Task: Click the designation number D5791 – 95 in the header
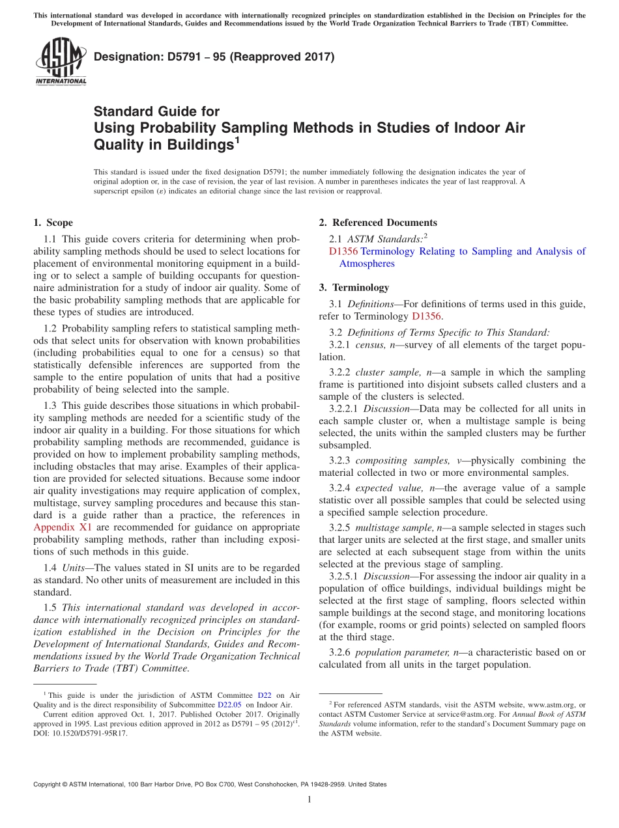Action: click(x=214, y=57)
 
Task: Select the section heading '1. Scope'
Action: click(x=53, y=223)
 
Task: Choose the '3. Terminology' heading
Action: click(x=354, y=287)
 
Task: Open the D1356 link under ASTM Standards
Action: click(x=343, y=251)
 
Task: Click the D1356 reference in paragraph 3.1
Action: click(x=426, y=316)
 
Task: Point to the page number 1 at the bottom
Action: click(x=309, y=800)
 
